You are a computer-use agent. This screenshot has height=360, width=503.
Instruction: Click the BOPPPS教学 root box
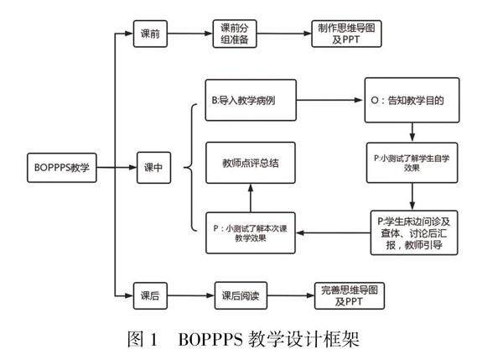pos(63,166)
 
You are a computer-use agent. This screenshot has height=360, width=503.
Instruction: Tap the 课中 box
pos(153,167)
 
